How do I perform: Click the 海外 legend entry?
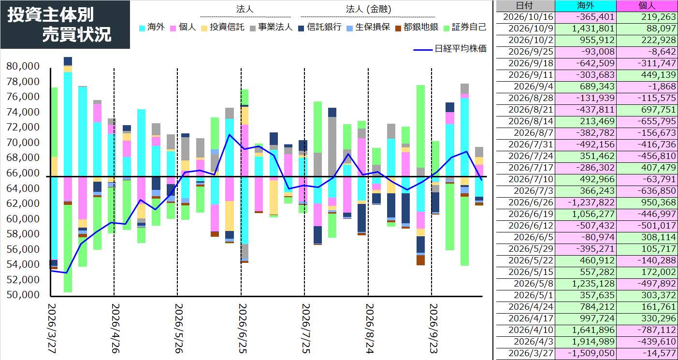pos(152,28)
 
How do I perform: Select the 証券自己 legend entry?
pos(465,28)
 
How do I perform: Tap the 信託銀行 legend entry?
pos(320,28)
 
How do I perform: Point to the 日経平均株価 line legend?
pos(450,49)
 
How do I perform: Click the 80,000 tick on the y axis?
pos(23,66)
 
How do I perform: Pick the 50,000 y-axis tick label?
pos(23,295)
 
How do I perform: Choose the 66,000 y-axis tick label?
pos(23,173)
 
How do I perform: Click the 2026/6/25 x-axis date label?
pos(243,329)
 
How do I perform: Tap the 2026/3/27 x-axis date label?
pos(52,329)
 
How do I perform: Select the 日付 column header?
pos(524,5)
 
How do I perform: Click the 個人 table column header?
pos(647,5)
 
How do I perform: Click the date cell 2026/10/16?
pos(525,17)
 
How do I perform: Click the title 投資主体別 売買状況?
pos(59,25)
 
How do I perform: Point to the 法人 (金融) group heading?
pos(368,9)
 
